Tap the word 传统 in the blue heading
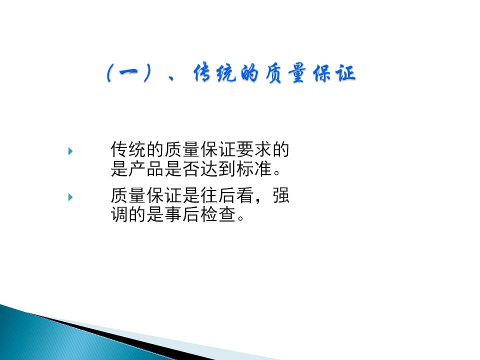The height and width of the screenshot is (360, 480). point(215,73)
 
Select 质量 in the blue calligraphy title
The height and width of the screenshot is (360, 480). point(285,73)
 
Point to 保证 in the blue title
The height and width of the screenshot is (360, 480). point(334,73)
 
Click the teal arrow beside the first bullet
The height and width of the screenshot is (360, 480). point(70,151)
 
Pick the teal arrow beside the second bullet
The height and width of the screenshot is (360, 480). point(70,197)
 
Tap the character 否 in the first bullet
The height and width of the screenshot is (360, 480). point(191,168)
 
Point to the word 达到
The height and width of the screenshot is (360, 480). point(218,168)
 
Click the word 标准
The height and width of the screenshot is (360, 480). point(254,168)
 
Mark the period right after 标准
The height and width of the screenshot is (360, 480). point(276,173)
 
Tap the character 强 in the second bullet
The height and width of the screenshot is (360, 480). point(280,195)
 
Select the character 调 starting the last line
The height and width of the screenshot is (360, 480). point(119,214)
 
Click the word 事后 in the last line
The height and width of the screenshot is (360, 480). point(182,214)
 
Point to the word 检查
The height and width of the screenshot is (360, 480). point(218,214)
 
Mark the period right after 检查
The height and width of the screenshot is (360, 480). point(241,218)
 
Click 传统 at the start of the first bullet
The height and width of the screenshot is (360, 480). point(128,149)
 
